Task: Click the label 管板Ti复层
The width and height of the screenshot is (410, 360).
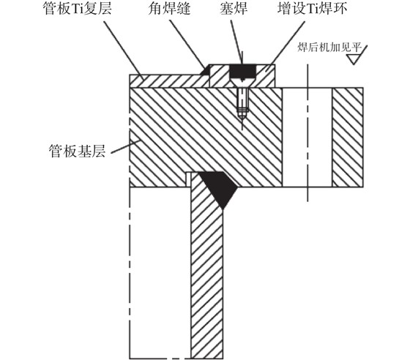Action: click(78, 9)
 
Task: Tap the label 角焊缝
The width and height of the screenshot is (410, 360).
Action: click(169, 9)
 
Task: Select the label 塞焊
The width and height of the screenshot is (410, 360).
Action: click(234, 9)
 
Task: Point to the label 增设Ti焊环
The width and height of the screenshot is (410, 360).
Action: click(313, 9)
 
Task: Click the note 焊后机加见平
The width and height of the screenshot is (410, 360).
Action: click(329, 48)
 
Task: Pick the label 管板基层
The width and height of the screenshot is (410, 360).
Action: click(77, 151)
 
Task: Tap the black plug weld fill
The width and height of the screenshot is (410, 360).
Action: click(242, 71)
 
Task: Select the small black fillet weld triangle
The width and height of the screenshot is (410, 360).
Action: click(206, 70)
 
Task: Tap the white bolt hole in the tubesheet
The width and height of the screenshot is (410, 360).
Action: click(307, 138)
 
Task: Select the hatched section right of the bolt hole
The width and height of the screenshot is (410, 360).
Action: click(348, 138)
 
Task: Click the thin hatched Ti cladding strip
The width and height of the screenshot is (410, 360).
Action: click(169, 81)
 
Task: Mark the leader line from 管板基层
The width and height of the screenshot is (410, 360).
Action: click(126, 146)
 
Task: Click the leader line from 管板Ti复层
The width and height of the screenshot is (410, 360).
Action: click(124, 49)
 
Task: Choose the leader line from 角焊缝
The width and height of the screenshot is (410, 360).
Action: click(187, 44)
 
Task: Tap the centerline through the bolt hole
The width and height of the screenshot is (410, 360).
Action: click(307, 133)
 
